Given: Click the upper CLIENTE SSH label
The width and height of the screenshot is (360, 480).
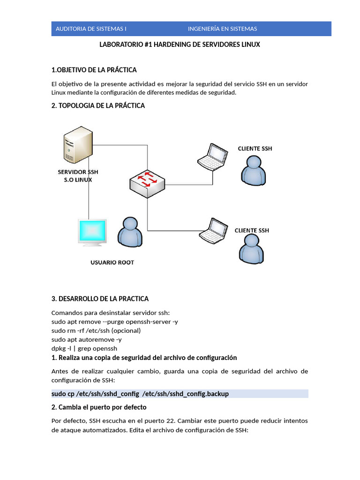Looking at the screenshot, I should [255, 149].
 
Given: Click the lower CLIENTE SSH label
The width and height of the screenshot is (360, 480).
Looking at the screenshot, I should [252, 231].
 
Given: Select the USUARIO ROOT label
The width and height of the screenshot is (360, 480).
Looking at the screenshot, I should [112, 262].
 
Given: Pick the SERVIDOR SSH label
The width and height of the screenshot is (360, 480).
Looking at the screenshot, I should [78, 172].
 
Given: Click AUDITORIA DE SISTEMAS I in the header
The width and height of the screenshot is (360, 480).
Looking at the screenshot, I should [91, 29].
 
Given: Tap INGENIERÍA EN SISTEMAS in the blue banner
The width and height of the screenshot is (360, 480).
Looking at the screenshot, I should [222, 29].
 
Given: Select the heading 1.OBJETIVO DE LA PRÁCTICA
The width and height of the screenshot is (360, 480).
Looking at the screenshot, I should [94, 70].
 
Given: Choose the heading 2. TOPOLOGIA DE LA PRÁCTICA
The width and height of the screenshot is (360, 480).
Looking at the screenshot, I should [98, 105].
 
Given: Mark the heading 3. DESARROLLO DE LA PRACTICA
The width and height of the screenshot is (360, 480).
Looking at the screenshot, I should [100, 299].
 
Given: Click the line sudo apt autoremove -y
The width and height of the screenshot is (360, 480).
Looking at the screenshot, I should [86, 339].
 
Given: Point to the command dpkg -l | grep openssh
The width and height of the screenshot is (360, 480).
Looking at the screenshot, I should [84, 348].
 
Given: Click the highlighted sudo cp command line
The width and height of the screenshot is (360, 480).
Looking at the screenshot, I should [140, 394].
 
